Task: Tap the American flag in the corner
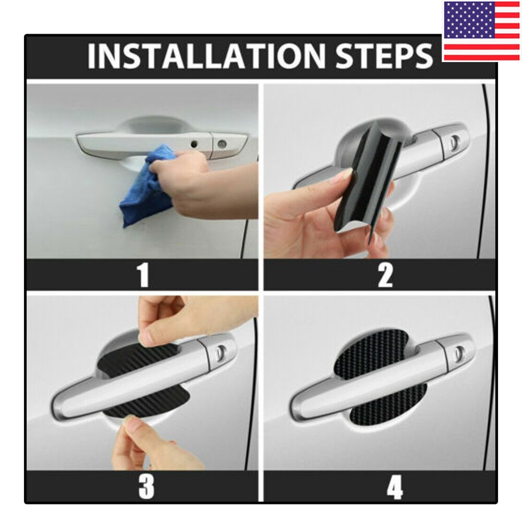tap(481, 31)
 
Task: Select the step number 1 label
tap(143, 275)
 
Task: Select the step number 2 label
tap(385, 275)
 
